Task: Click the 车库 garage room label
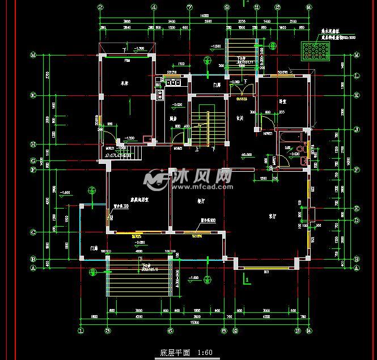pyautogui.click(x=124, y=83)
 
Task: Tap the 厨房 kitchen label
pyautogui.click(x=175, y=118)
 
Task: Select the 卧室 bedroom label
pyautogui.click(x=282, y=101)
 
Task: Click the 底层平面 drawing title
pyautogui.click(x=176, y=353)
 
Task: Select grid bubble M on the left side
pyautogui.click(x=33, y=56)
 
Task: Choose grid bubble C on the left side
pyautogui.click(x=33, y=232)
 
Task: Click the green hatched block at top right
pyautogui.click(x=314, y=52)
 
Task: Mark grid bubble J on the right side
pyautogui.click(x=357, y=130)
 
